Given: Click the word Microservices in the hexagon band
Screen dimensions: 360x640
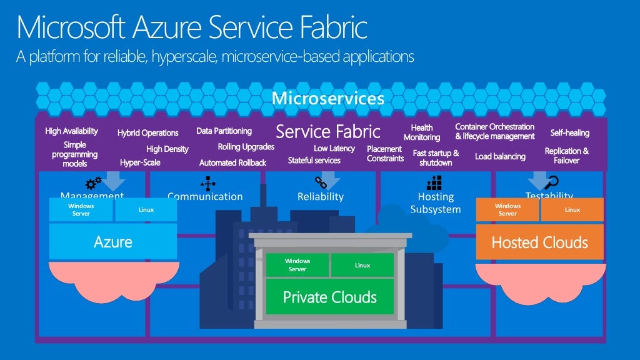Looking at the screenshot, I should point(327,99).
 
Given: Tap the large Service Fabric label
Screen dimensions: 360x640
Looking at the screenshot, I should point(327,132).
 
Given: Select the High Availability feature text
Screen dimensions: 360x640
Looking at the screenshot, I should point(71,131).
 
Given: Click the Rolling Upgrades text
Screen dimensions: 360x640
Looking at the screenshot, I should point(246,147).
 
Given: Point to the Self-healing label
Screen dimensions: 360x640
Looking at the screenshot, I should point(569,132).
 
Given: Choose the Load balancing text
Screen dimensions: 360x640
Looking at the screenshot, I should point(500,156).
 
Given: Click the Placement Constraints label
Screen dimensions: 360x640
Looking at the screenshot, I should point(384,154).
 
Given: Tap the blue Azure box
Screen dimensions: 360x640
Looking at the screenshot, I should point(113,242).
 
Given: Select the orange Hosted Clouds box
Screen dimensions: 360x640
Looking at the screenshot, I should point(539,242).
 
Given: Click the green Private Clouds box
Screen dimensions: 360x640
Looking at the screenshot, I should point(329,296).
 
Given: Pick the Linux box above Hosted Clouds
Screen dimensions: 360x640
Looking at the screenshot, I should point(572,210).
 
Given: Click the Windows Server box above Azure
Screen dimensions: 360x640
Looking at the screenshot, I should point(81,209).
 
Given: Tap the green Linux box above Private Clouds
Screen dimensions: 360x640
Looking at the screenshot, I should point(362,265).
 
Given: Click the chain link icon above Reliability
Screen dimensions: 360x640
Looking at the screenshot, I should point(321,182).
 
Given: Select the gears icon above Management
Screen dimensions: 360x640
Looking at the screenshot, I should point(94,182).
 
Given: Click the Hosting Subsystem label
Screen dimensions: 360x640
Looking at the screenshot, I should point(436,202).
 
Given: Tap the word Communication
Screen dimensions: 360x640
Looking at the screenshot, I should point(205,196).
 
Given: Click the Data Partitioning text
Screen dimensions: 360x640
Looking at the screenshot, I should point(224,131).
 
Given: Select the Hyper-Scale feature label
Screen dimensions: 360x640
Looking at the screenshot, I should point(140,162).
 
